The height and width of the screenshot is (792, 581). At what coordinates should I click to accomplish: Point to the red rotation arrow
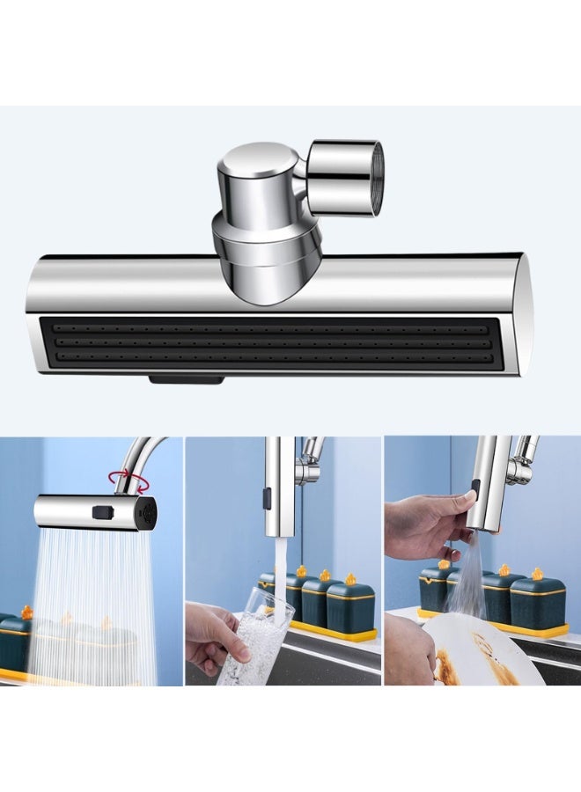[x=130, y=480]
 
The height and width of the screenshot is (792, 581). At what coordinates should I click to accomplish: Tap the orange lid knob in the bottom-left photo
[x=26, y=612]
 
